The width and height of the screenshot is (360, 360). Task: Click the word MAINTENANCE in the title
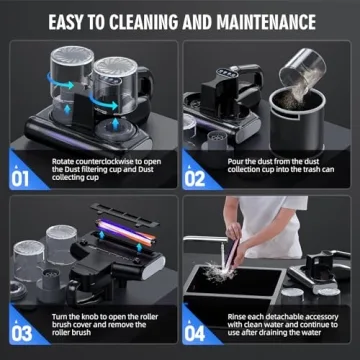pyautogui.click(x=266, y=22)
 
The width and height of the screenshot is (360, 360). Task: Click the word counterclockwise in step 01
pyautogui.click(x=104, y=162)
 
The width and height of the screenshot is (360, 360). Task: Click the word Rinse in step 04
pyautogui.click(x=236, y=317)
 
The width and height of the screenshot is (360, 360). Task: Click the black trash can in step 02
pyautogui.click(x=297, y=121)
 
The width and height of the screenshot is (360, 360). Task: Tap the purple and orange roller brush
pyautogui.click(x=125, y=233)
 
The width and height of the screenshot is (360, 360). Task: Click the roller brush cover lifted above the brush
pyautogui.click(x=125, y=214)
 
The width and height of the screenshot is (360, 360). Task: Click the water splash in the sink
pyautogui.click(x=219, y=272)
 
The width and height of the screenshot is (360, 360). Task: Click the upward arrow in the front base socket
pyautogui.click(x=115, y=124)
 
